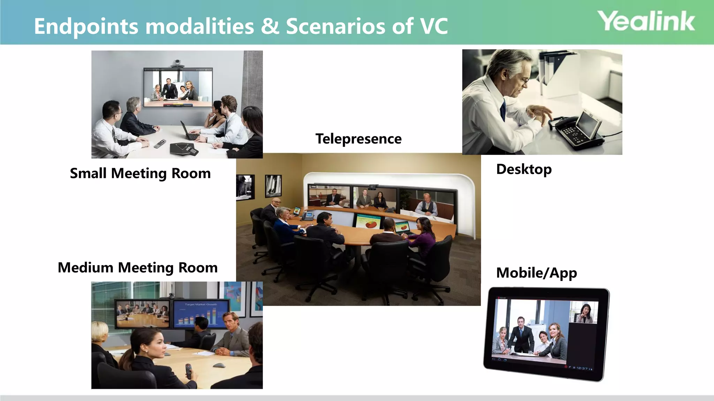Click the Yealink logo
(646, 21)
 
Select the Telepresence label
(358, 139)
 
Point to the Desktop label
(524, 170)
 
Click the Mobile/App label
(536, 273)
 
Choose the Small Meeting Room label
(140, 173)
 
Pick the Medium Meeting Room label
(138, 268)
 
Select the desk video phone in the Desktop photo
(580, 131)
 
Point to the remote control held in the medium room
(188, 371)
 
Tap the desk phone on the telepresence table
(307, 216)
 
